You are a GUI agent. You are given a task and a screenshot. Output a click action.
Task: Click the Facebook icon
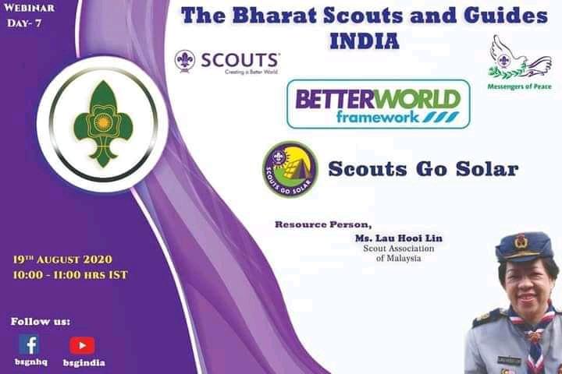click(29, 344)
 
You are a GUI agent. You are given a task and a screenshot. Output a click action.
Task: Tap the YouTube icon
click(82, 344)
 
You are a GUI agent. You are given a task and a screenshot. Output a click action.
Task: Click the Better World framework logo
click(379, 104)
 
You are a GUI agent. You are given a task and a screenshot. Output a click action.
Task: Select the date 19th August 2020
click(62, 259)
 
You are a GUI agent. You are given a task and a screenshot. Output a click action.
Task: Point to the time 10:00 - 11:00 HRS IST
click(69, 274)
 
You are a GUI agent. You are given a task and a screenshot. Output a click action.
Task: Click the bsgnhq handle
click(29, 362)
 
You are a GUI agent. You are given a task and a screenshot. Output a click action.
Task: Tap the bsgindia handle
click(84, 362)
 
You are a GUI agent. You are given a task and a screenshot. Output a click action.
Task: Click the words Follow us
click(40, 321)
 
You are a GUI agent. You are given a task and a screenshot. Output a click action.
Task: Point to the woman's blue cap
click(523, 248)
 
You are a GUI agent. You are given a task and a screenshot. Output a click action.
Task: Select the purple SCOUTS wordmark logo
click(228, 61)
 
